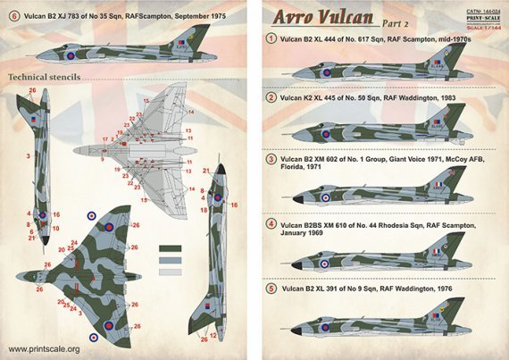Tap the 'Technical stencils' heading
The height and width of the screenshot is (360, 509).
coord(44,77)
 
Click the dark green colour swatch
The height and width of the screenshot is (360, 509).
coord(171,249)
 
